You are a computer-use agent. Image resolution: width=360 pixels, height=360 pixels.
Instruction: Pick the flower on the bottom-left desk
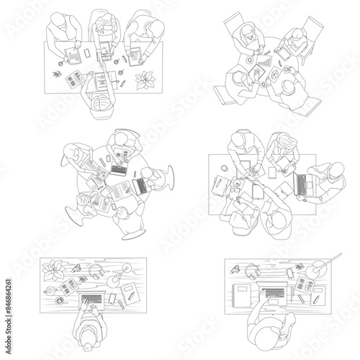point(55,271)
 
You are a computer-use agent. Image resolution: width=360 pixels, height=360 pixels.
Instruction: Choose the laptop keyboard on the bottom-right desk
point(272,294)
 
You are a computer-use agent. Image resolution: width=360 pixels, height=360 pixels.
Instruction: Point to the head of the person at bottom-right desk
point(266,328)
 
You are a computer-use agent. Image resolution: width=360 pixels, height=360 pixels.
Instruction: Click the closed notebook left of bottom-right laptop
point(242,294)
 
